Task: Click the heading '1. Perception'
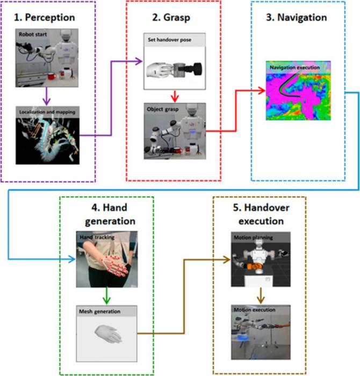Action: tap(46, 17)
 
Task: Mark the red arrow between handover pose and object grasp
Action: tap(175, 96)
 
